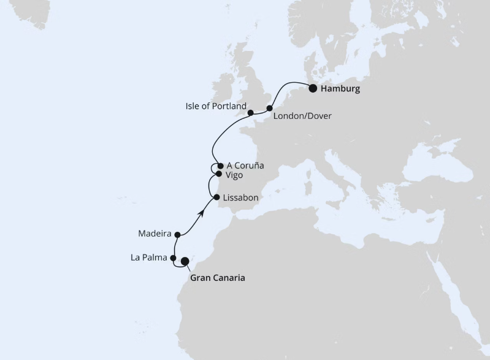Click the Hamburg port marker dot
pos(313,88)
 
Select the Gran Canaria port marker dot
pos(185,261)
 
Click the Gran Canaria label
pos(218,278)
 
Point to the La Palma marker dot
pos(174,258)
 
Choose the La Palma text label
pos(148,258)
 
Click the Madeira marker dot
pos(177,234)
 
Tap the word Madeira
pos(155,234)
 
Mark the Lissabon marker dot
pos(216,197)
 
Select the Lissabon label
pos(241,198)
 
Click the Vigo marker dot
pos(218,174)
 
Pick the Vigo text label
pos(234,175)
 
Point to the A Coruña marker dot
pos(220,165)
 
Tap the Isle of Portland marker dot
pos(250,113)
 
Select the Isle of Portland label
pos(215,106)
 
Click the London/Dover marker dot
pos(269,109)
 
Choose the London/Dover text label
pos(302,115)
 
